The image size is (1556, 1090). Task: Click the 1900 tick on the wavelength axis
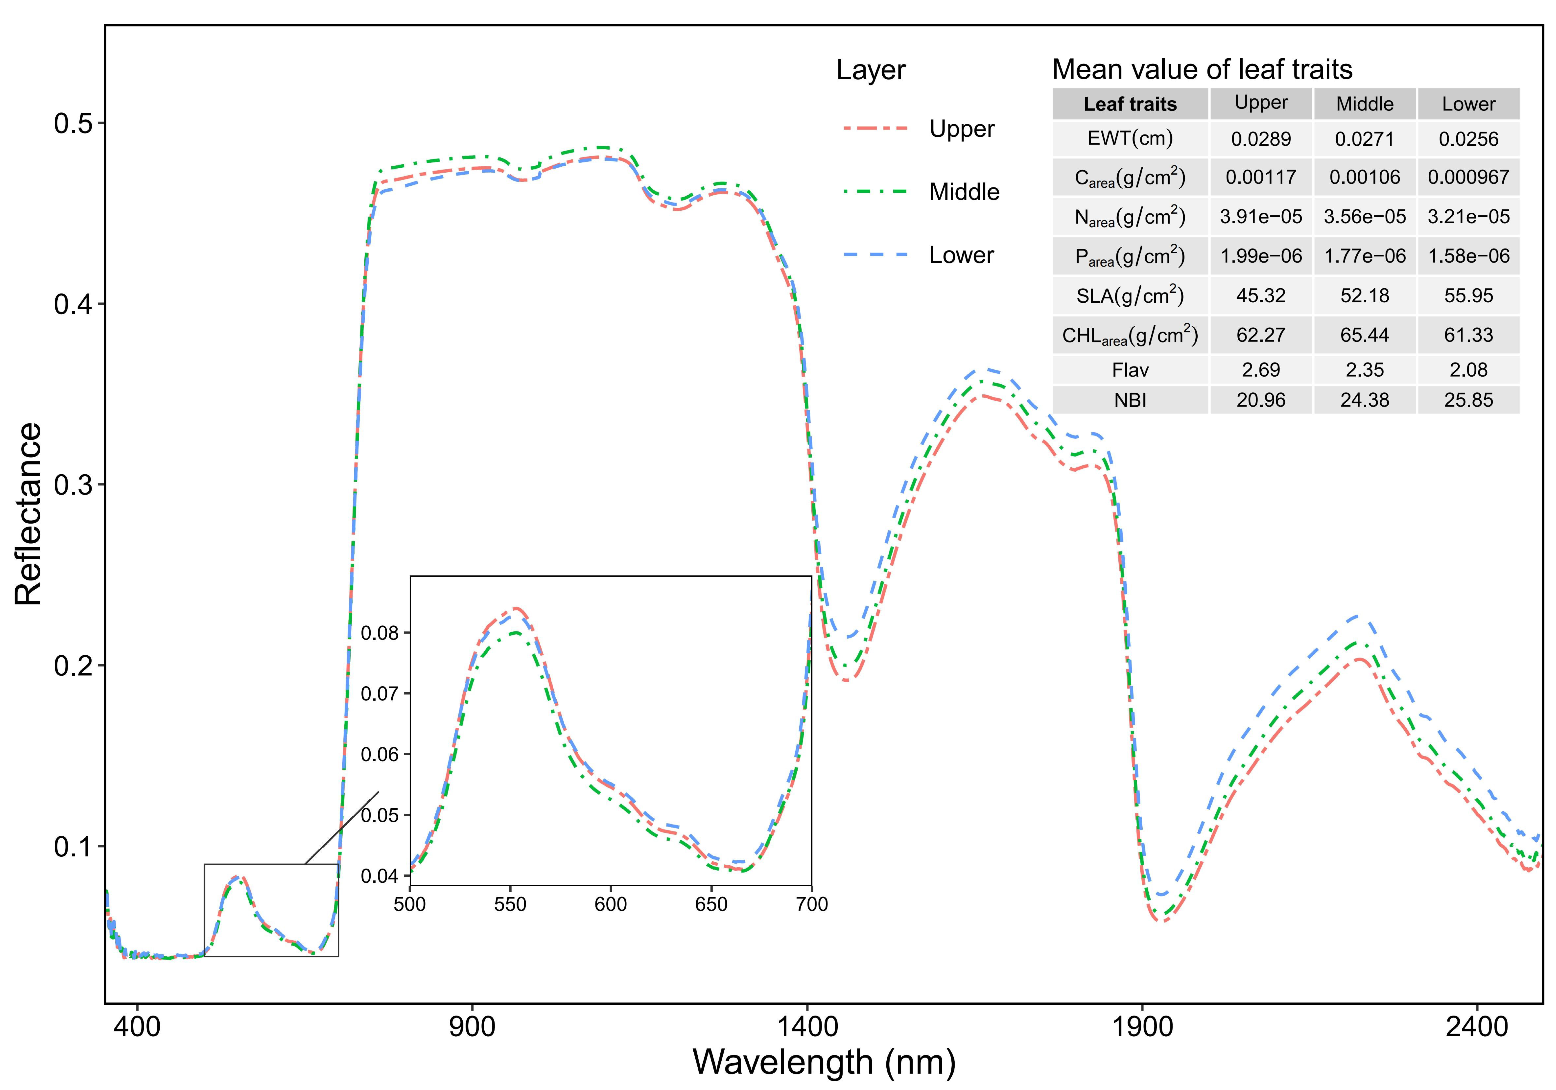pos(1143,1027)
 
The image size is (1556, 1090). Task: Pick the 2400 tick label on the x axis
pos(1477,1027)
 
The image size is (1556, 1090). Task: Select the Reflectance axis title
pos(28,514)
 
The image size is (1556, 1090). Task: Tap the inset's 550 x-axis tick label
pos(510,905)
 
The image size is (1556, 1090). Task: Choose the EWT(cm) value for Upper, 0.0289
pos(1261,139)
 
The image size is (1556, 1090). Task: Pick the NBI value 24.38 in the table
pos(1364,400)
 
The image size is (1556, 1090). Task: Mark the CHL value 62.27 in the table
pos(1261,335)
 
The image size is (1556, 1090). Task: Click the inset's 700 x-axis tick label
pos(811,905)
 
